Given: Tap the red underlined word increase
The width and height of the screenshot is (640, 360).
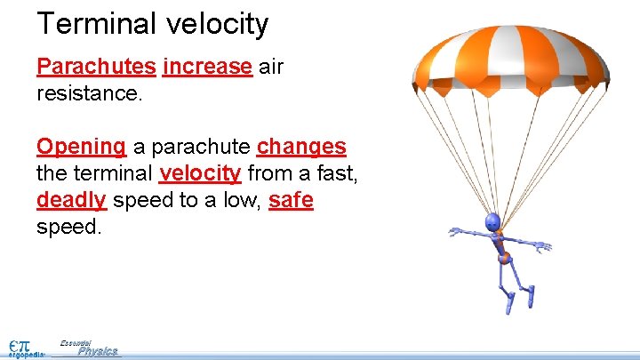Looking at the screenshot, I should pyautogui.click(x=208, y=68).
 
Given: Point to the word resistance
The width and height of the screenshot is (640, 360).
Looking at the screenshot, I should pyautogui.click(x=89, y=93).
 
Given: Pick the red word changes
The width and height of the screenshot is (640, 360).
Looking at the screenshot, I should pyautogui.click(x=301, y=147).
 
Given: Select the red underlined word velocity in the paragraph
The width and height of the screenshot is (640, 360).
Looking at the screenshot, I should pyautogui.click(x=200, y=173).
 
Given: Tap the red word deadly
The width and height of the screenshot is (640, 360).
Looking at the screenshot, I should pyautogui.click(x=72, y=200).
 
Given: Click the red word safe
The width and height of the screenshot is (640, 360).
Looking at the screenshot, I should pyautogui.click(x=291, y=200).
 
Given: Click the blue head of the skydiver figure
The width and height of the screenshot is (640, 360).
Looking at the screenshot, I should pyautogui.click(x=492, y=222).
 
